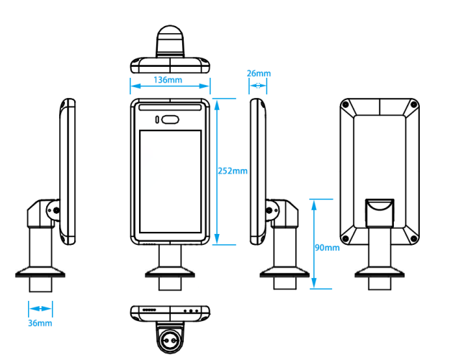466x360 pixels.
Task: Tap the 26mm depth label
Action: coord(259,73)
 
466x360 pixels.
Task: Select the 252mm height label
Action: coord(232,171)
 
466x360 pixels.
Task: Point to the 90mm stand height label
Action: coord(327,248)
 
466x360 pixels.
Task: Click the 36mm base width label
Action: coord(40,323)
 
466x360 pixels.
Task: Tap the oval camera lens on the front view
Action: coord(170,120)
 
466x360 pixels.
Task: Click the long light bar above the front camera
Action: coord(170,109)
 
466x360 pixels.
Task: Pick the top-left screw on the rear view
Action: coord(347,106)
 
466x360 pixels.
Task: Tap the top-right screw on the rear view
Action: coord(414,106)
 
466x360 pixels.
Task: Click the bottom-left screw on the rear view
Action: coord(347,238)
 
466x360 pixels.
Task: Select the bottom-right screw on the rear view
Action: coord(414,238)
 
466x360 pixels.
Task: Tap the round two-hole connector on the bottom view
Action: coord(170,338)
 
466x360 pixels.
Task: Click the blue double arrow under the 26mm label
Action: coord(258,86)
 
